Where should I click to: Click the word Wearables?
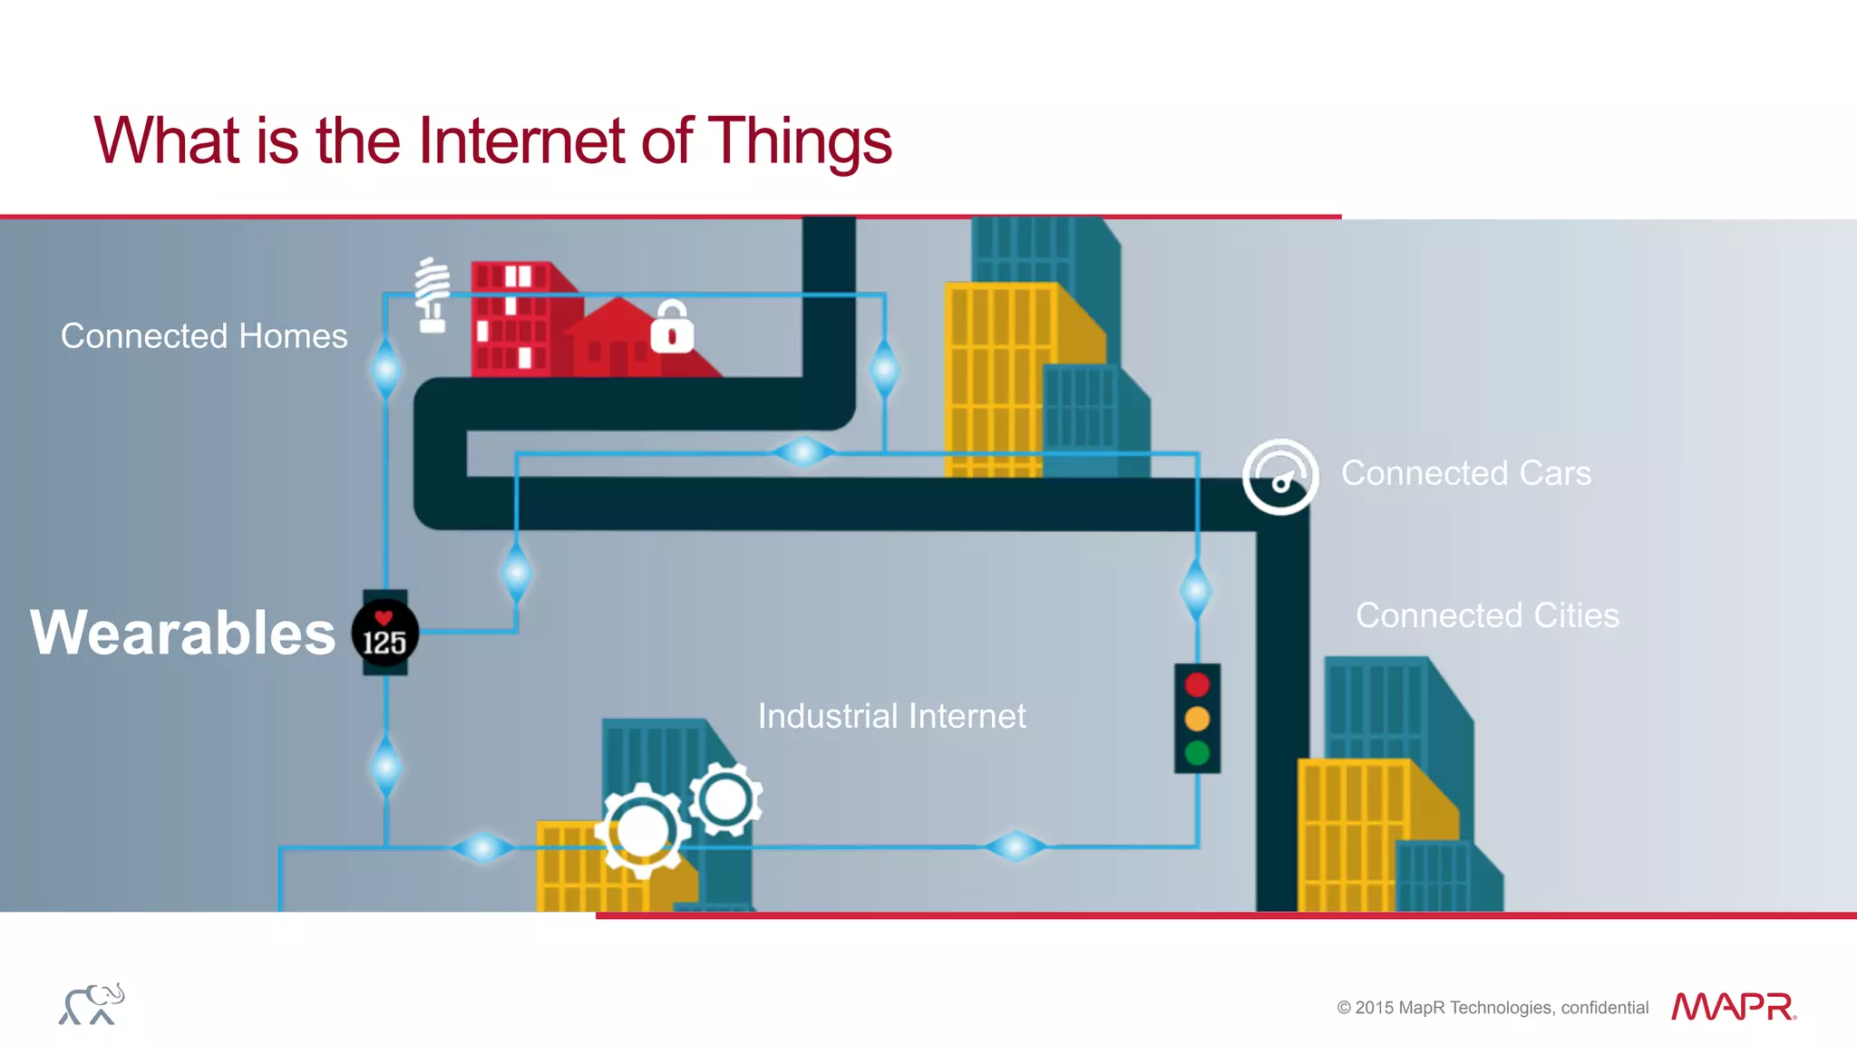(182, 633)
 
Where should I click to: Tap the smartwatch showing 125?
(385, 634)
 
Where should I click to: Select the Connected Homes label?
(204, 336)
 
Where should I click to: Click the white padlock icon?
(672, 328)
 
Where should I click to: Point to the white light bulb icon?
(433, 295)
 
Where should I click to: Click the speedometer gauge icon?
(1279, 477)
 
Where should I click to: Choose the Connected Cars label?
(1465, 473)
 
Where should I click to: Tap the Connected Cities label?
(1487, 615)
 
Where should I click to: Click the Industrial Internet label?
(891, 716)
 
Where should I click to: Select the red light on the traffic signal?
(1197, 684)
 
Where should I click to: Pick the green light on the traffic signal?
(1197, 752)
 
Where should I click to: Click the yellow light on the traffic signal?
(1197, 719)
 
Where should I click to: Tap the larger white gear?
(643, 830)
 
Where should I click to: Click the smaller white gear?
(725, 799)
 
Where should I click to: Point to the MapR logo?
(1733, 1007)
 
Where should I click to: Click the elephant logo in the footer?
(92, 1004)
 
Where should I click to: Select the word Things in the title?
(799, 141)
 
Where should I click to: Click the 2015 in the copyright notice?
(1375, 1008)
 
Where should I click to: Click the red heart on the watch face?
(384, 618)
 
